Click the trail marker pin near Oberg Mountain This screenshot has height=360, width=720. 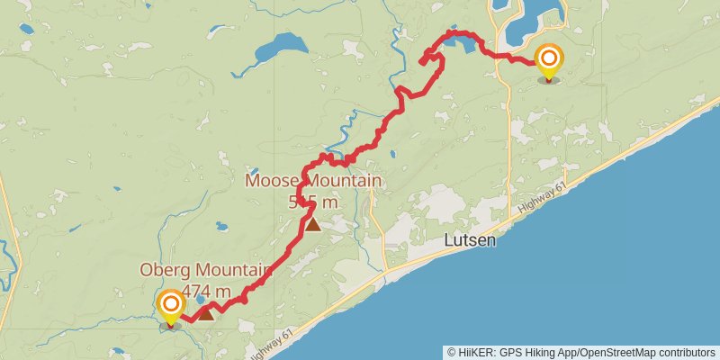[169, 306]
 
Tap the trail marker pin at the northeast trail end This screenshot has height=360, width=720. [548, 61]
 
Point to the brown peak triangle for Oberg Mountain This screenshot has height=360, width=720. [206, 313]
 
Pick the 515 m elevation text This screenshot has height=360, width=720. [313, 202]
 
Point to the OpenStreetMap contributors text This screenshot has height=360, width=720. [648, 353]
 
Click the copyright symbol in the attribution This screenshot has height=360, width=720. [452, 353]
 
